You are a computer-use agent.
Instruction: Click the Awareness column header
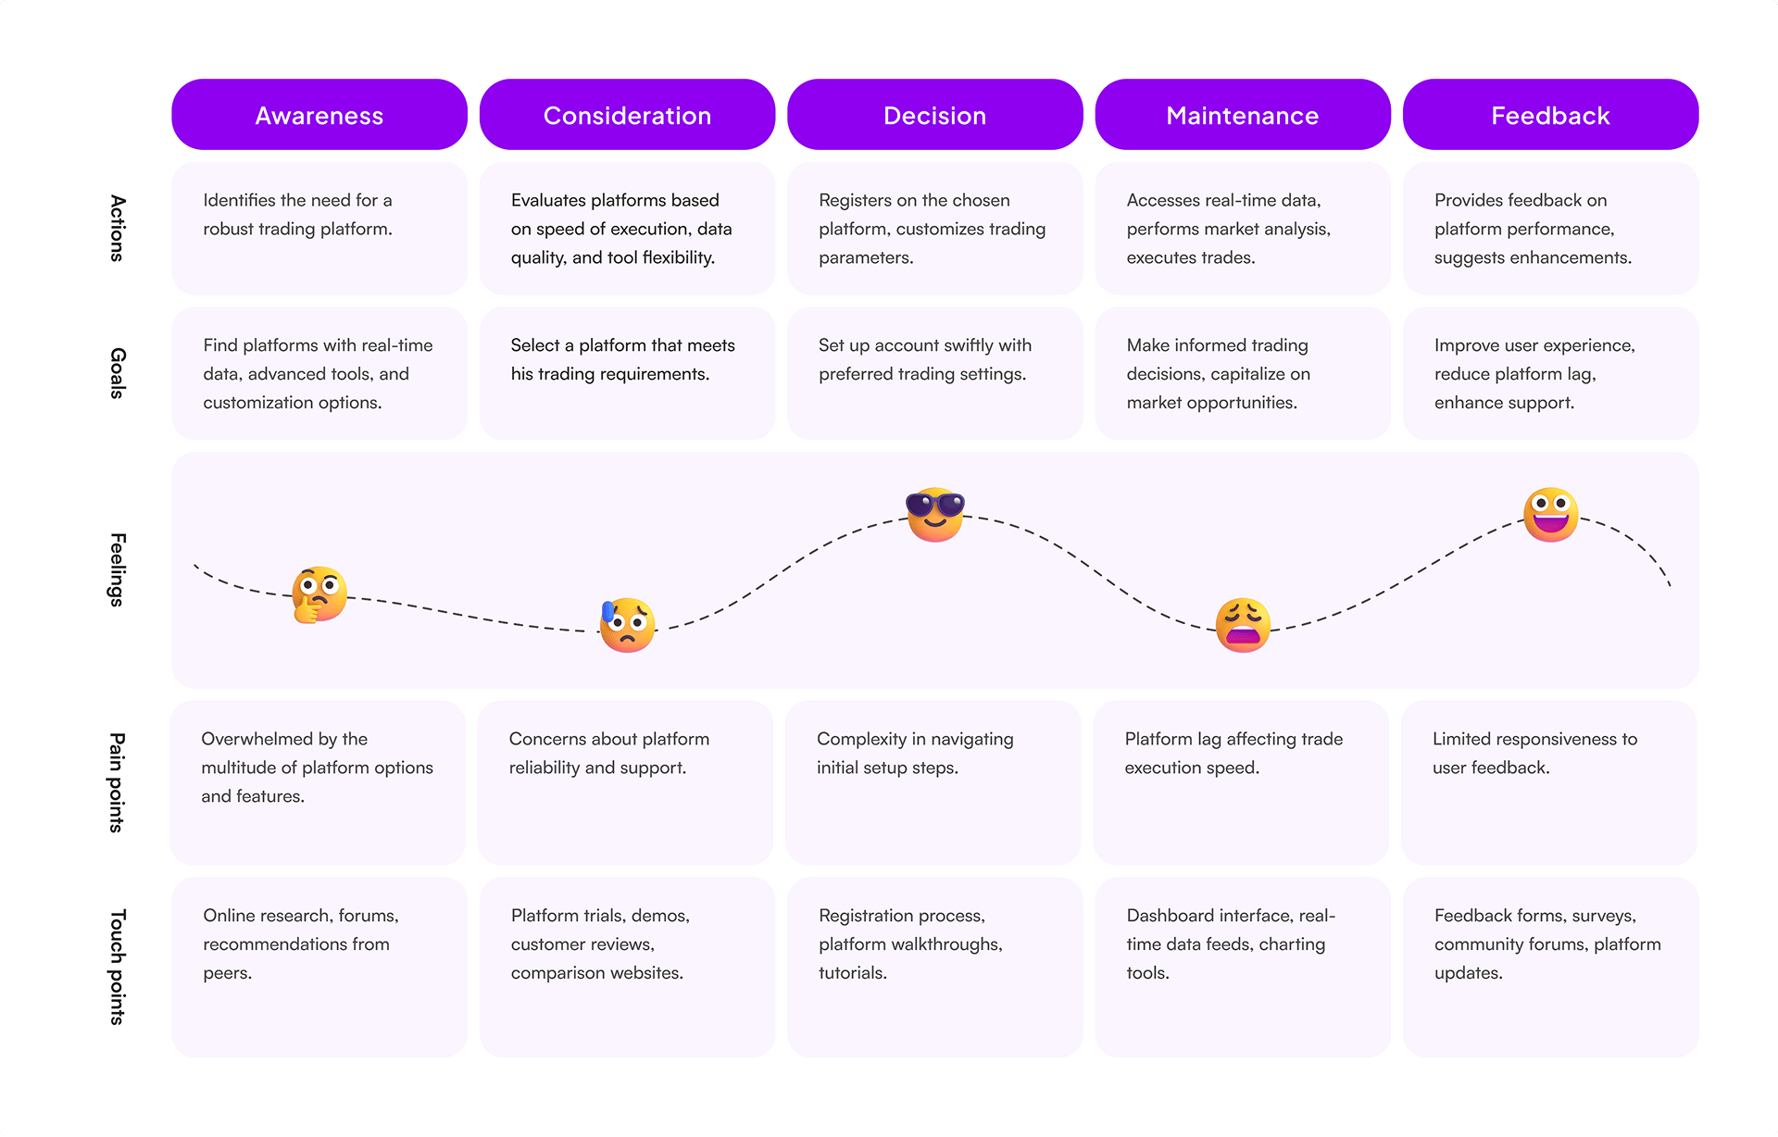point(319,115)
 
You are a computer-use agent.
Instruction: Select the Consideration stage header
point(627,115)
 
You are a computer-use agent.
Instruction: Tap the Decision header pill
point(934,115)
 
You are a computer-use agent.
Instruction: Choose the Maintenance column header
point(1243,115)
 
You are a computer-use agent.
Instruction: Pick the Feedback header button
point(1550,115)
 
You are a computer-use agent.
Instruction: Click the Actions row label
point(118,228)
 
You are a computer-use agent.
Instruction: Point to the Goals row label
point(118,373)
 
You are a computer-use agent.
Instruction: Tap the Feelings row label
point(118,569)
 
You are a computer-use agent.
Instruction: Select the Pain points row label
point(118,782)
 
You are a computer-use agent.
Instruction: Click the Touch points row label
point(118,967)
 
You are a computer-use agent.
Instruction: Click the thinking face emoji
point(319,594)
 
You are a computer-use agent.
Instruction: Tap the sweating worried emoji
point(627,625)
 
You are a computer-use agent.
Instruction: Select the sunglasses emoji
point(935,515)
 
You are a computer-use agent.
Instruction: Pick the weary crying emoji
point(1243,625)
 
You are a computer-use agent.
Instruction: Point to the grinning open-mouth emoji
point(1551,515)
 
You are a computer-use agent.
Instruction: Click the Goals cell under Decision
point(934,373)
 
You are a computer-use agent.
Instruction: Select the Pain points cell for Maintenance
point(1241,782)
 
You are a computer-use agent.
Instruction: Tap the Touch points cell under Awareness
point(319,967)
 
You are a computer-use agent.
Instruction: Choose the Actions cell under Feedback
point(1550,228)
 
